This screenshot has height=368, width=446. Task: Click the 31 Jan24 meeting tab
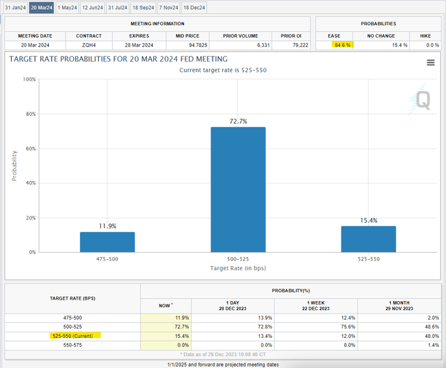coord(15,8)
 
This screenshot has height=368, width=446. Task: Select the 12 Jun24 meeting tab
coord(91,8)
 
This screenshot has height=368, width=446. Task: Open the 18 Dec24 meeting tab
coord(195,8)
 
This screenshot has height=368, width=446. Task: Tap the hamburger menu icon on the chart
coord(431,63)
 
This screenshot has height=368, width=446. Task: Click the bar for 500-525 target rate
coord(238,189)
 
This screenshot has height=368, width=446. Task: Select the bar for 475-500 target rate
coord(107,242)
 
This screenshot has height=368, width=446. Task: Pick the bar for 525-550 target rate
coord(369,239)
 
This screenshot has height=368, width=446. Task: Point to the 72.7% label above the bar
coord(238,122)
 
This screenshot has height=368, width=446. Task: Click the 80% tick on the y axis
coord(29,114)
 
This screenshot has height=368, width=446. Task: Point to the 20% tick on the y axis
coord(29,218)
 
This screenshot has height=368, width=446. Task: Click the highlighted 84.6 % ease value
coord(342,45)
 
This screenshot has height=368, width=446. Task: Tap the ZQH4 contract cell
coord(89,45)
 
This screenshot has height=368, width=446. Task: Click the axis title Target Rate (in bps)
coord(238,268)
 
